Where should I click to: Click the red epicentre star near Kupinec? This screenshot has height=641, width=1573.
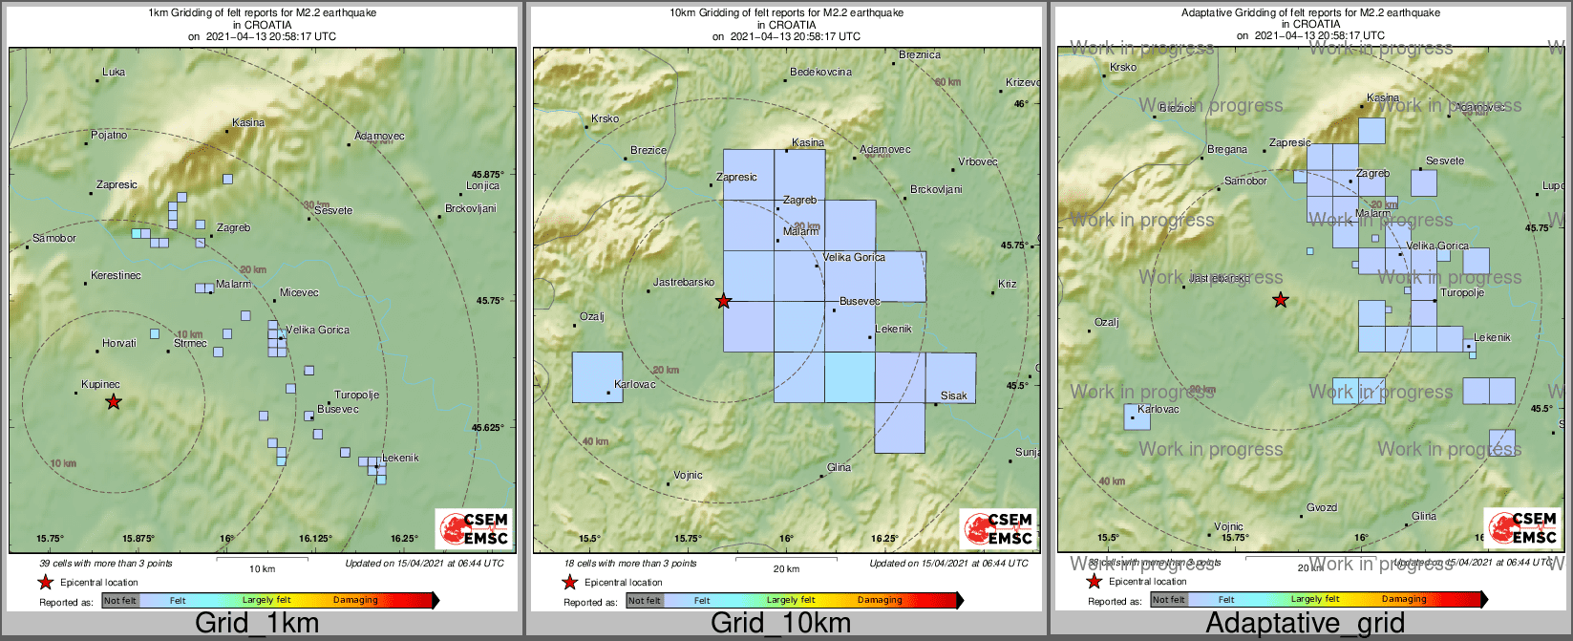pyautogui.click(x=114, y=402)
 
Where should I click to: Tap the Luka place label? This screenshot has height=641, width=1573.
pyautogui.click(x=114, y=72)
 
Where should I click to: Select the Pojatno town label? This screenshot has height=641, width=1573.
pyautogui.click(x=109, y=136)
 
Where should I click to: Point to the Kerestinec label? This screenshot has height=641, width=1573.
pyautogui.click(x=116, y=276)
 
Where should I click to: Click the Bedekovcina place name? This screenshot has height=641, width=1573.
pyautogui.click(x=821, y=73)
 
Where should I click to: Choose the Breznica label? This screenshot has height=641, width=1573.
pyautogui.click(x=920, y=55)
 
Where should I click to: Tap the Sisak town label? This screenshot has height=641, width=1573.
pyautogui.click(x=953, y=395)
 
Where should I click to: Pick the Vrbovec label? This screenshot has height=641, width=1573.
pyautogui.click(x=977, y=162)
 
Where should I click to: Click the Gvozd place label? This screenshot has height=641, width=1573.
pyautogui.click(x=1322, y=508)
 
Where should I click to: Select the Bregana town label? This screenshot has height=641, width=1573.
pyautogui.click(x=1227, y=150)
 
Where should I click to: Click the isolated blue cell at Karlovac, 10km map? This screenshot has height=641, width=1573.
pyautogui.click(x=597, y=377)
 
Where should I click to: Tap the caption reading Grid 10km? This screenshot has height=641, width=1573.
pyautogui.click(x=780, y=624)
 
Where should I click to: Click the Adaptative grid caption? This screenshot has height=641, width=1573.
pyautogui.click(x=1305, y=624)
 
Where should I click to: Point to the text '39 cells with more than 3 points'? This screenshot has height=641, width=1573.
pyautogui.click(x=106, y=564)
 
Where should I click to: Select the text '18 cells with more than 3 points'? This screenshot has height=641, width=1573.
pyautogui.click(x=630, y=564)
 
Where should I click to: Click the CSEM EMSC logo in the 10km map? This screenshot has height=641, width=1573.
pyautogui.click(x=998, y=529)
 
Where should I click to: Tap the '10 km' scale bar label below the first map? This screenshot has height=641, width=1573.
pyautogui.click(x=262, y=569)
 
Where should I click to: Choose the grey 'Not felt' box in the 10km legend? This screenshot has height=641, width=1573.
pyautogui.click(x=644, y=601)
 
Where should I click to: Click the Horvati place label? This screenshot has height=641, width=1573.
pyautogui.click(x=119, y=344)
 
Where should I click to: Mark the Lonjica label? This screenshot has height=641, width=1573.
pyautogui.click(x=482, y=186)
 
